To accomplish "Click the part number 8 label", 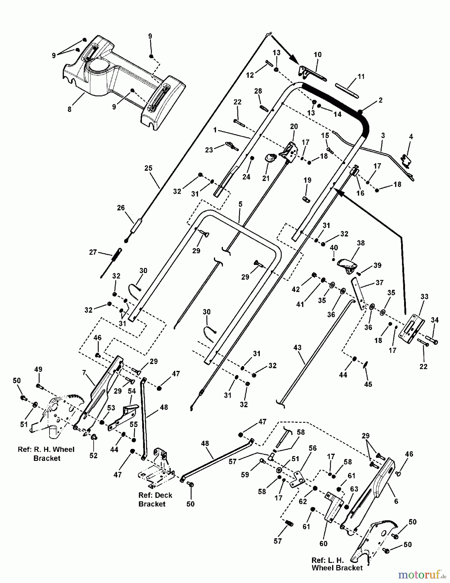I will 69,109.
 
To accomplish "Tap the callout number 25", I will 148,168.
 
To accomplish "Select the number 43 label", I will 297,348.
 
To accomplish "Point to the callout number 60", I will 323,543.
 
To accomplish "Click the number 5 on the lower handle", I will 240,205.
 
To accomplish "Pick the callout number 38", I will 361,243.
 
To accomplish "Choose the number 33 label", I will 424,296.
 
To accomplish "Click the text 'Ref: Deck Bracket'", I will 155,499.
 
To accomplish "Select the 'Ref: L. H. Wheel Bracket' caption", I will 337,564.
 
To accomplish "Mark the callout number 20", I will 294,126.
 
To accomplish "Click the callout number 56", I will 312,448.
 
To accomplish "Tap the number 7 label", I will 84,373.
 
